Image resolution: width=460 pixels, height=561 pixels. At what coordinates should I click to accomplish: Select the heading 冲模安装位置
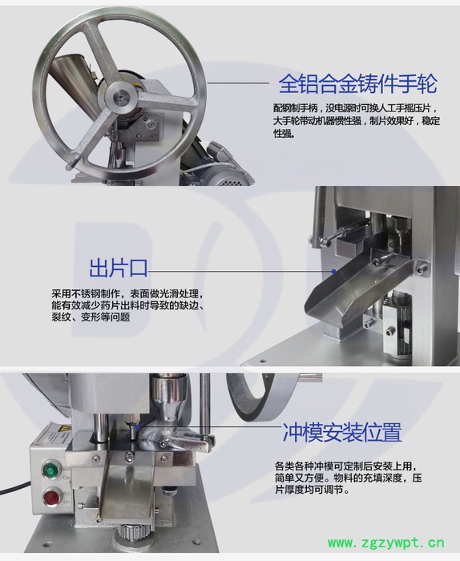pyautogui.click(x=341, y=434)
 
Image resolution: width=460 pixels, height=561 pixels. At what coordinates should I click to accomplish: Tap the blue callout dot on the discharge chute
pyautogui.click(x=337, y=271)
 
